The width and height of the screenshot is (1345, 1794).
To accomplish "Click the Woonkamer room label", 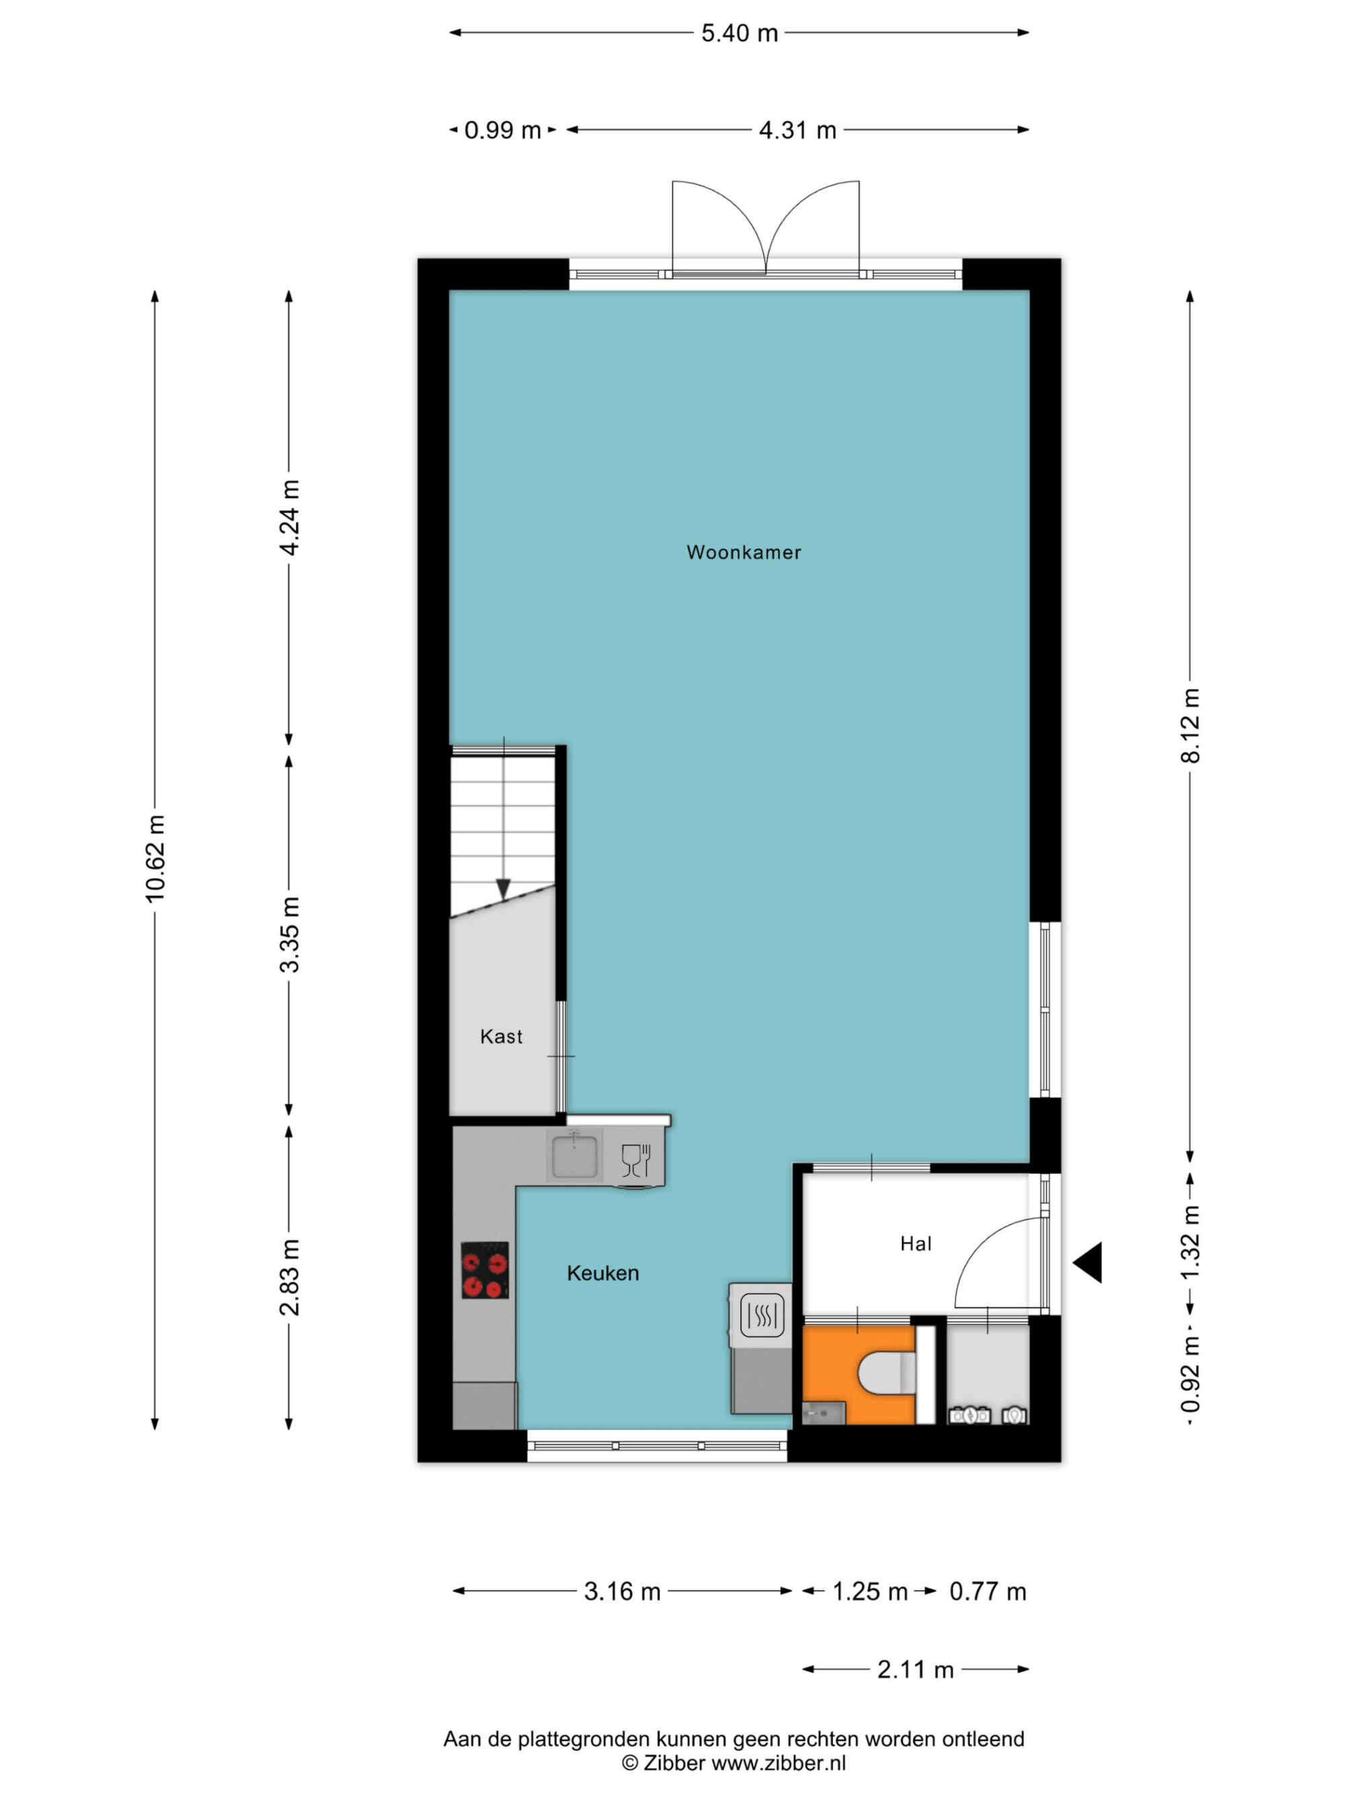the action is (743, 552).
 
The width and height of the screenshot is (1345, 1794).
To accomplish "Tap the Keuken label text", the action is (603, 1273).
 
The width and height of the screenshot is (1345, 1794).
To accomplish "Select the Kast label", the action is (501, 1037).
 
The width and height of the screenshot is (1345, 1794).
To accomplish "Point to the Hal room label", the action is (915, 1244).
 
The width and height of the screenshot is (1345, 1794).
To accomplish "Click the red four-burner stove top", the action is (485, 1270).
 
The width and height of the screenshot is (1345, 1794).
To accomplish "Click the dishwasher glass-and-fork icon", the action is (636, 1160).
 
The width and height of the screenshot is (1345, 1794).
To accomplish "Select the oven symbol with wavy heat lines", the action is (761, 1314).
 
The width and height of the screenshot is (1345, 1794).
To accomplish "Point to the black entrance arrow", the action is (1088, 1262).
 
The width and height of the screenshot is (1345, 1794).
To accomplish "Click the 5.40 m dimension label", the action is (739, 33).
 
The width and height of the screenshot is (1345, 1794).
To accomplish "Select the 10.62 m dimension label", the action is (155, 859).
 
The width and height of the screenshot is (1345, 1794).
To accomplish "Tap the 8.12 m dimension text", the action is (1190, 725).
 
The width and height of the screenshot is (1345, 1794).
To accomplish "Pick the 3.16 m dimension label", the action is (622, 1592).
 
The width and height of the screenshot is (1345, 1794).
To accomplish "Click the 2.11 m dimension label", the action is (915, 1670).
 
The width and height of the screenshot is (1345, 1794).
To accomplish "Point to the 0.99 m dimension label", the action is (502, 130).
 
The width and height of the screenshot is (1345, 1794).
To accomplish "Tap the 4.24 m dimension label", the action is (289, 517).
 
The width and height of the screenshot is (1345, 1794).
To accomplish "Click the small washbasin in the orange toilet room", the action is (824, 1414).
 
